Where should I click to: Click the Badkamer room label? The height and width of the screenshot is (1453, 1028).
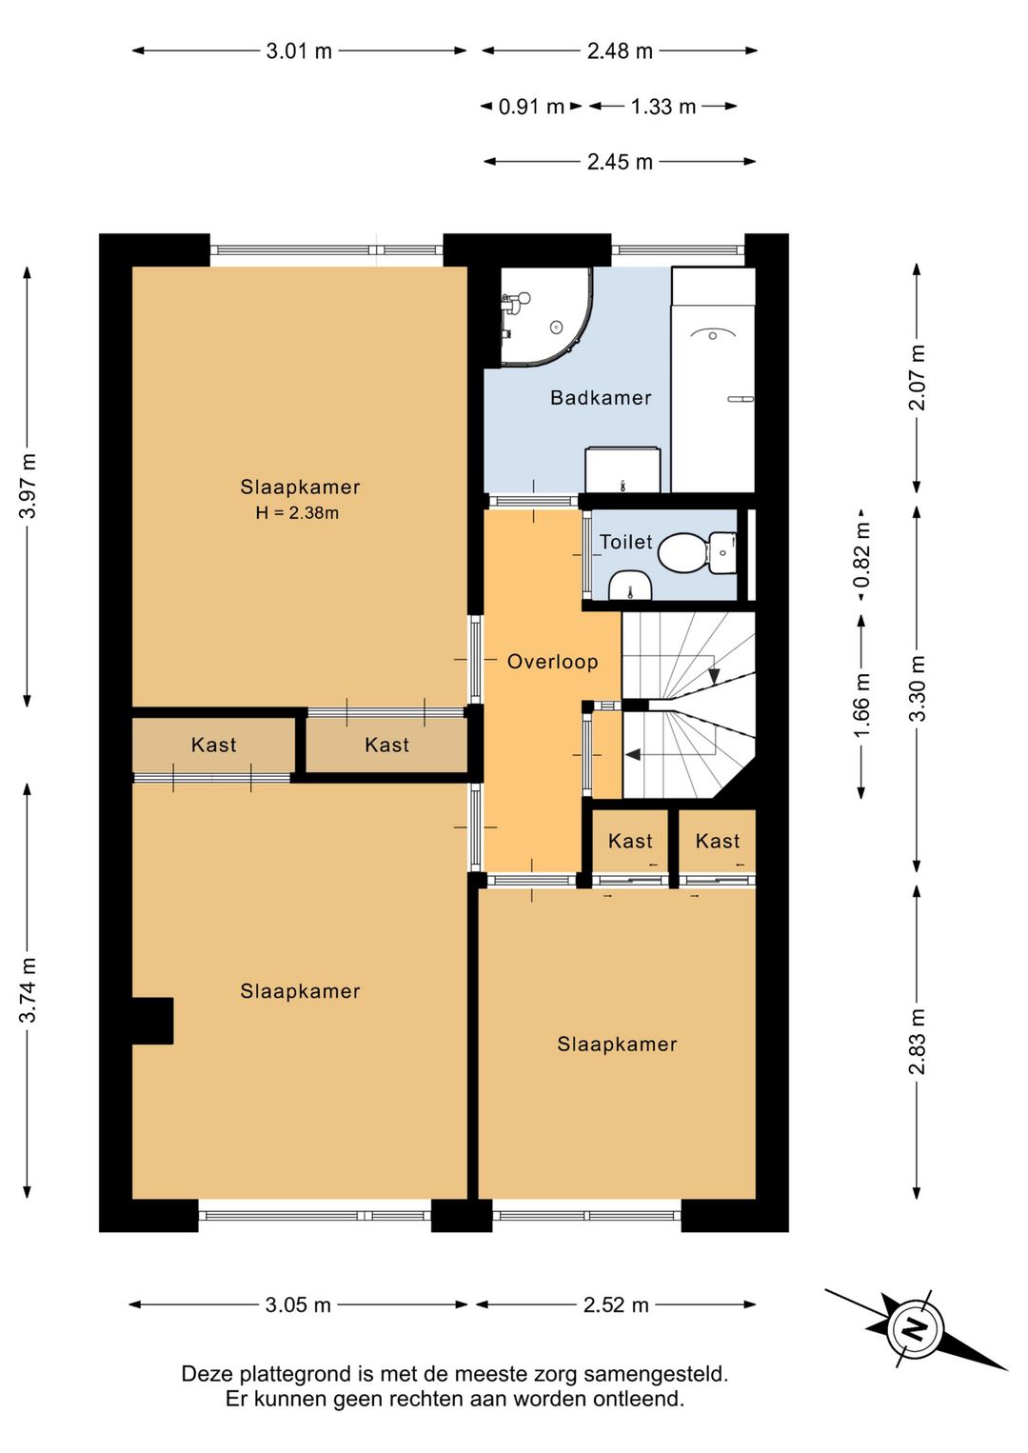point(601,398)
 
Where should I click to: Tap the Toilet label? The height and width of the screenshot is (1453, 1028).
point(625,542)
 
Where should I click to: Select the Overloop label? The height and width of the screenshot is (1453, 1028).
point(553,662)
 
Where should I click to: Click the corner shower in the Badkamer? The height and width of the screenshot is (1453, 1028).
point(545,316)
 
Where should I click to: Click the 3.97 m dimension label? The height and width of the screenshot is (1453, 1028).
point(28,486)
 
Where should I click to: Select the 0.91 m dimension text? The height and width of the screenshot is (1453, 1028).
point(531,107)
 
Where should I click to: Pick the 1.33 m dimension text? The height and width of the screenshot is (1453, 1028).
point(662,107)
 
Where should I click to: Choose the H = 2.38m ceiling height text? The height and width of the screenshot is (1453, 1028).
point(297,513)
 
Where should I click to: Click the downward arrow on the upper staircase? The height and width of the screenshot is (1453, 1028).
point(714,676)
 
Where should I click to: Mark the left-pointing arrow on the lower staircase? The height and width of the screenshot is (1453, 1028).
point(632,754)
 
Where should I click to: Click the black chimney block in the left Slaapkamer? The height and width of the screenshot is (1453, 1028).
point(152,1021)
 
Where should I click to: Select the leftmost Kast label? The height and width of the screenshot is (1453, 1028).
point(213,745)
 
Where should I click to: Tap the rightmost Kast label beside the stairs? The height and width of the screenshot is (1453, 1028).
point(718,842)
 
